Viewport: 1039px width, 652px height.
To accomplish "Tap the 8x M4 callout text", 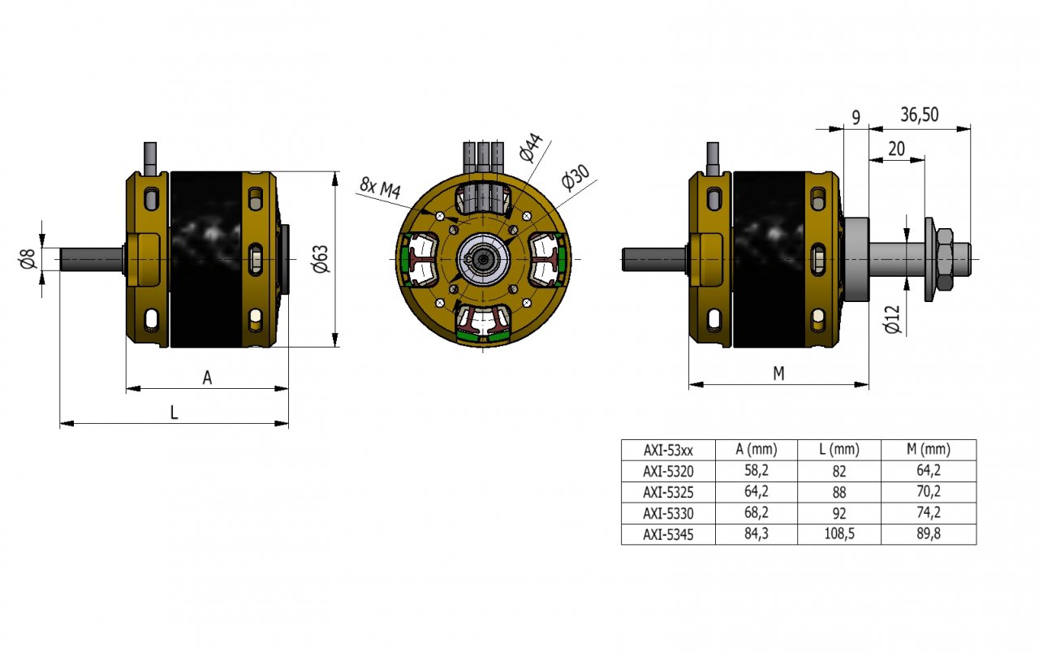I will [380, 189].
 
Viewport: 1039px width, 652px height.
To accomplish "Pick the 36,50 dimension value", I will [919, 114].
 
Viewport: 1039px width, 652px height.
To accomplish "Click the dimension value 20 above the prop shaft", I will [896, 148].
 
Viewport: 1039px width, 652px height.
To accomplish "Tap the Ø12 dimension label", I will [892, 318].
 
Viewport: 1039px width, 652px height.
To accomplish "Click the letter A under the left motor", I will [207, 378].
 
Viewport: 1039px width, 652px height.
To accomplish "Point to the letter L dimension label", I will [174, 412].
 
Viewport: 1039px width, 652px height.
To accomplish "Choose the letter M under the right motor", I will [778, 373].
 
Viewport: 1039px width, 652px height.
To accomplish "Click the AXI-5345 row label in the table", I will [668, 534].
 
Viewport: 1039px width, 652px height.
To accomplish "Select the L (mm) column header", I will [839, 449].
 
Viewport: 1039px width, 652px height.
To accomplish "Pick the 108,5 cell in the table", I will [839, 534].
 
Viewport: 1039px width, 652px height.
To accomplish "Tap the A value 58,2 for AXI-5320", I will [756, 470].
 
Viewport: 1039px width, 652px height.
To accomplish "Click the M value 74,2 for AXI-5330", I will [929, 513].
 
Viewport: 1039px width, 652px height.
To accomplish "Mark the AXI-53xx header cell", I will [668, 449].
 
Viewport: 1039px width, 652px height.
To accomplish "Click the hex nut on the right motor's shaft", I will [944, 259].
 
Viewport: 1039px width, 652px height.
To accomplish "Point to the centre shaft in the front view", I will [484, 259].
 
